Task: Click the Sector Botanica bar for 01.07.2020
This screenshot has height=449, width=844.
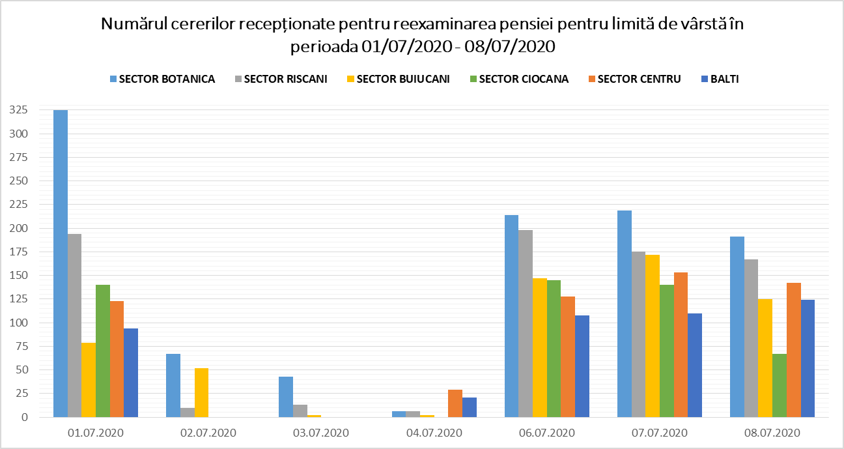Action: coord(61,263)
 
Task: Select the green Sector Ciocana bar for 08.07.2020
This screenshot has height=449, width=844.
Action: coord(780,385)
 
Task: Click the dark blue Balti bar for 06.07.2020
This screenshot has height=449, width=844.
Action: coord(582,366)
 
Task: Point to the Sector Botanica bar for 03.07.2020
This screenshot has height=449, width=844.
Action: coord(286,397)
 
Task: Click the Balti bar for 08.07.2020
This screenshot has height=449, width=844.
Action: coord(808,358)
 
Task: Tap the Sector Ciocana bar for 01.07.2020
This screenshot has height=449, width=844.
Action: coord(103,351)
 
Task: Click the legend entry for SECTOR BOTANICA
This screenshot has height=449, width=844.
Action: coord(162,79)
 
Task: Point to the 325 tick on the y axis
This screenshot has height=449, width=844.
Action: coord(18,110)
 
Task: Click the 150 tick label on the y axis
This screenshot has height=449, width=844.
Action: coord(18,276)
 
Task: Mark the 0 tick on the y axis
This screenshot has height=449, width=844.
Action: coord(23,417)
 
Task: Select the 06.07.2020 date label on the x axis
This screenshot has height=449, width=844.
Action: coord(546,433)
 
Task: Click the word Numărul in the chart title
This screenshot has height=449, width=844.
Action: coord(132,25)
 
